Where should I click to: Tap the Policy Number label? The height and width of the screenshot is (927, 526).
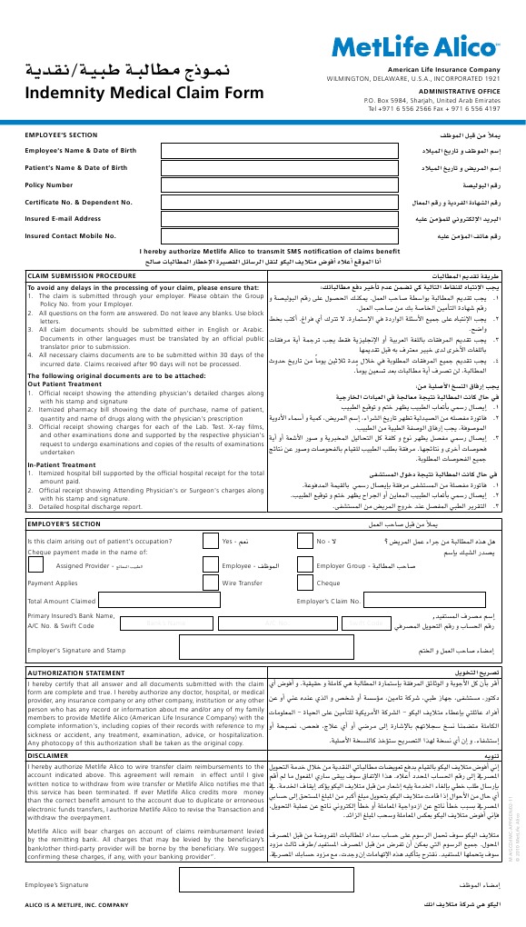49,184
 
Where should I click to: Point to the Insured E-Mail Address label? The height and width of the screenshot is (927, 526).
64,218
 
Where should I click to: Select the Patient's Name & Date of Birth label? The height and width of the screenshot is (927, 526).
76,167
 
